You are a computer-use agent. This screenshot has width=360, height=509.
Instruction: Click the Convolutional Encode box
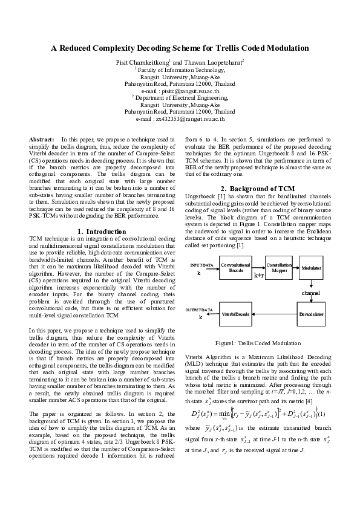point(235,267)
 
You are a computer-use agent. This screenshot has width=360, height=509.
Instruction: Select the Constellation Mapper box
point(279,267)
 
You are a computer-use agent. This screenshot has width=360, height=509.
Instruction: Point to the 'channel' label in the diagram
point(311,293)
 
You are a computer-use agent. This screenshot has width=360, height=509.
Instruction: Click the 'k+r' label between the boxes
point(258,275)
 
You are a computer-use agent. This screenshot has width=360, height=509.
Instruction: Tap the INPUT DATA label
point(201,265)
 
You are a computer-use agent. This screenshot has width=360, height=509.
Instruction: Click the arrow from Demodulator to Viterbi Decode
point(276,314)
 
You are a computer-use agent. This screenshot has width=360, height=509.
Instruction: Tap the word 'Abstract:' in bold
point(42,140)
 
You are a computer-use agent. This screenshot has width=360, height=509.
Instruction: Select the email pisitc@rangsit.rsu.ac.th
point(180,89)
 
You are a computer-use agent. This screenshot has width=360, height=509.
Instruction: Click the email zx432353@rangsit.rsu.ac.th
point(180,119)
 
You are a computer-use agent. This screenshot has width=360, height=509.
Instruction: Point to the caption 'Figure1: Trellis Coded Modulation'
point(258,343)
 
